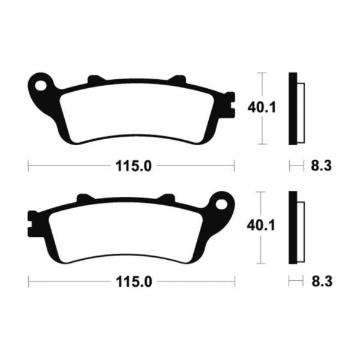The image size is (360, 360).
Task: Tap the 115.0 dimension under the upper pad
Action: point(130,166)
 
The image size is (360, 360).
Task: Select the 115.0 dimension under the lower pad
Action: point(130,280)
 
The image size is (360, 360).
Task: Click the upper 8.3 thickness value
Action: point(319,166)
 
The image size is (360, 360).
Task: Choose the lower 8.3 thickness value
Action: point(319,280)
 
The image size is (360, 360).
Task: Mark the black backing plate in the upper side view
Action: point(293,109)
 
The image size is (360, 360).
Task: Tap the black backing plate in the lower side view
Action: point(293,227)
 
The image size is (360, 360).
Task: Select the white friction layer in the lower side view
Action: point(301,232)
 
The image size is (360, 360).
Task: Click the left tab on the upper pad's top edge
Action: point(94,79)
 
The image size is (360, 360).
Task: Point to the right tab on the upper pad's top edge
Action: point(178,79)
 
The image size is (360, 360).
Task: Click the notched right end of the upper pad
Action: point(229,105)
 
